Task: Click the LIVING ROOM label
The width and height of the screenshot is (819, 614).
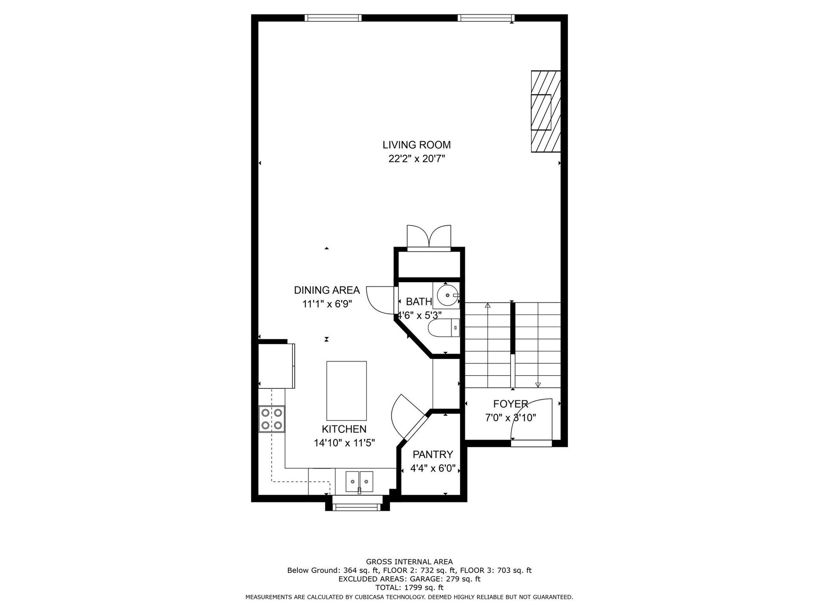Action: tap(416, 145)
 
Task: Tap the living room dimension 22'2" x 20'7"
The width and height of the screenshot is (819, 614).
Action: tap(416, 159)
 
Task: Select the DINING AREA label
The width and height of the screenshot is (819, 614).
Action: tap(327, 290)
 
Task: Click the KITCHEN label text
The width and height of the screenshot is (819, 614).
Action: tap(344, 429)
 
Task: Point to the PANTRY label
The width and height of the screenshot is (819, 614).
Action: tap(433, 455)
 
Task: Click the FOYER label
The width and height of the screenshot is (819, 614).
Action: tap(510, 404)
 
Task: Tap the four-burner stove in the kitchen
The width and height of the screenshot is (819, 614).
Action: tap(272, 419)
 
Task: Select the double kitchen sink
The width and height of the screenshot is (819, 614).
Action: tap(359, 482)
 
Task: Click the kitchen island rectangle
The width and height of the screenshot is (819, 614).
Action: tap(346, 391)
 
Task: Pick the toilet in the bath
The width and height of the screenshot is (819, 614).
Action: tap(444, 328)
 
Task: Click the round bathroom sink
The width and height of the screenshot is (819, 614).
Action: tap(447, 295)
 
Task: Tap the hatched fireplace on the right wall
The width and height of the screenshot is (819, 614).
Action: tap(545, 111)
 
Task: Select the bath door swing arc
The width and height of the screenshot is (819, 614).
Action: tap(378, 299)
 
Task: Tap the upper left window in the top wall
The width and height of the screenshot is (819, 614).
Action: tap(333, 18)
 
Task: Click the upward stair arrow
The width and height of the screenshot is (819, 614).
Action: tap(488, 306)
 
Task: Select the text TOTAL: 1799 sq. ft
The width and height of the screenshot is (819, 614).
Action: tap(409, 588)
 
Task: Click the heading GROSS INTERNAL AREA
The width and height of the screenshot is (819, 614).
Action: tap(409, 562)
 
